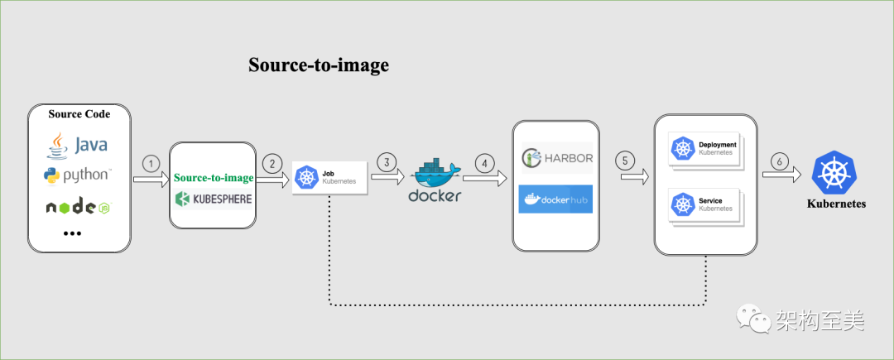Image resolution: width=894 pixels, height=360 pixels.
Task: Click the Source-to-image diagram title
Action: click(x=319, y=66)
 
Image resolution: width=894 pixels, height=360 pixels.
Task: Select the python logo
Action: click(x=77, y=175)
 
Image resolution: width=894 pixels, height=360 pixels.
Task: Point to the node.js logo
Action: click(x=78, y=207)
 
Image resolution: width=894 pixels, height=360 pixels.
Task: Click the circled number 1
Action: click(x=151, y=163)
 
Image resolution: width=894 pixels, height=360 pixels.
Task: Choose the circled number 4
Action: click(x=486, y=161)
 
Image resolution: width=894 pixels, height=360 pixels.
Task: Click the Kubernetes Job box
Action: click(x=329, y=178)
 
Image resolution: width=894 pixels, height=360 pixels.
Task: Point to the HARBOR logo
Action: click(x=556, y=157)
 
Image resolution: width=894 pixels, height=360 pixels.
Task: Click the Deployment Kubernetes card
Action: click(x=704, y=149)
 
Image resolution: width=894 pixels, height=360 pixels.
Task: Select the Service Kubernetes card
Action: click(x=704, y=204)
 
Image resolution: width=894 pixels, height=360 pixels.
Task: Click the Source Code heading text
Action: click(x=79, y=113)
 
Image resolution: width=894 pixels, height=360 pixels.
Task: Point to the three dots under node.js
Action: click(x=73, y=234)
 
